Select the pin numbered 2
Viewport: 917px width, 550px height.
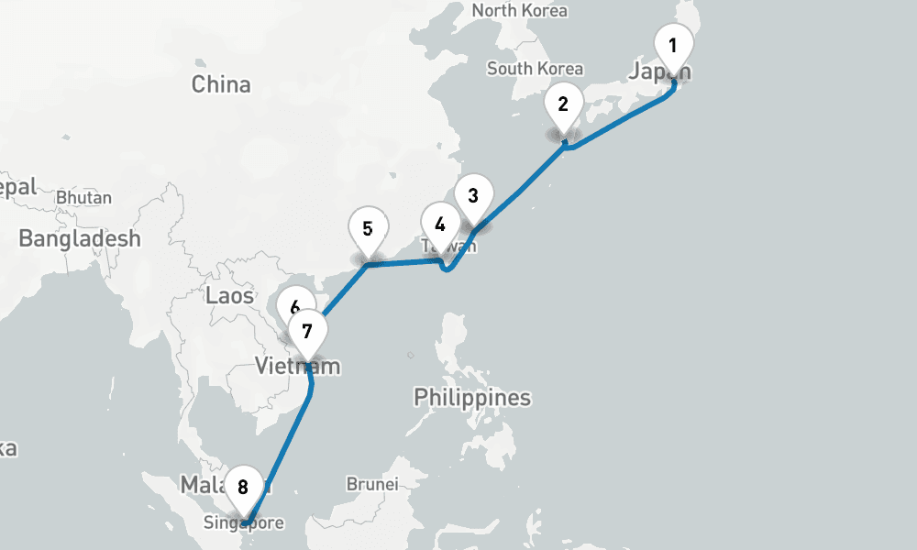click(x=563, y=104)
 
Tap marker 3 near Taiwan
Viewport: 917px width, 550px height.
click(x=473, y=195)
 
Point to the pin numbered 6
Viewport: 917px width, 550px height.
click(x=293, y=306)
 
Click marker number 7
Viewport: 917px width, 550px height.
click(x=307, y=331)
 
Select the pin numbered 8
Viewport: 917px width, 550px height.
click(x=243, y=487)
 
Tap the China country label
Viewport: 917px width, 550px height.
click(x=221, y=84)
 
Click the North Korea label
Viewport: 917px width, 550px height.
click(x=519, y=11)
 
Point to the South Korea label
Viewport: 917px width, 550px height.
click(x=535, y=69)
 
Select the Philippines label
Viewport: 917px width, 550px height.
click(x=472, y=398)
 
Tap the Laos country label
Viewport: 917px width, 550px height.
click(x=230, y=295)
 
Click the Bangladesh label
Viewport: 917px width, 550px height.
click(x=80, y=239)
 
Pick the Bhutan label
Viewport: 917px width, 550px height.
click(x=83, y=197)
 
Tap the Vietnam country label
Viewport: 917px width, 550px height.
click(x=298, y=367)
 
